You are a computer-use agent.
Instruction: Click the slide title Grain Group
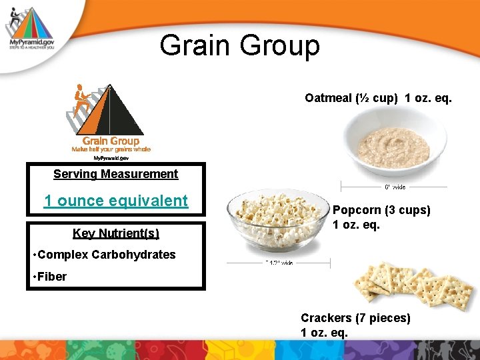pyautogui.click(x=239, y=45)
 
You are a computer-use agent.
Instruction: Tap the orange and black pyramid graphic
pyautogui.click(x=107, y=110)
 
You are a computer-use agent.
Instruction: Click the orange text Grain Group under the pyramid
pyautogui.click(x=111, y=141)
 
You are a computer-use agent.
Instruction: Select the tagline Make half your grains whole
pyautogui.click(x=111, y=149)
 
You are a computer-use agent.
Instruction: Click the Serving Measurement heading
pyautogui.click(x=115, y=174)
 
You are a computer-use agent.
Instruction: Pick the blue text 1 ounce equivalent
pyautogui.click(x=115, y=201)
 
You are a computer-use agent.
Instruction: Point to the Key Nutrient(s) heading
pyautogui.click(x=115, y=233)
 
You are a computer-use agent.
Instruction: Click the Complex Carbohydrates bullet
pyautogui.click(x=103, y=255)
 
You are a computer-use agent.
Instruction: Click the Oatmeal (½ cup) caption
pyautogui.click(x=378, y=98)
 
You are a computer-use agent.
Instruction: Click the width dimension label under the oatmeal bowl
pyautogui.click(x=395, y=187)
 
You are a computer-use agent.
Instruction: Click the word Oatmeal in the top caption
pyautogui.click(x=328, y=98)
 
